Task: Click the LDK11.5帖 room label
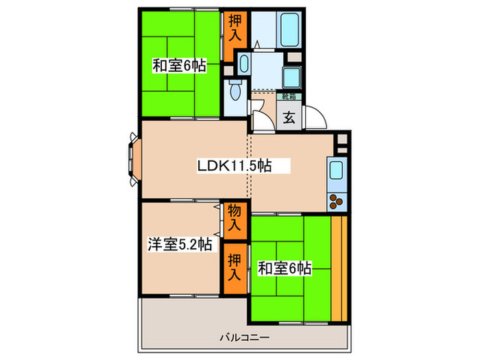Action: click(x=233, y=165)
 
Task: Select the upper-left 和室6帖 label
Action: click(x=180, y=67)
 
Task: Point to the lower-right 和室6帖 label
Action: click(x=285, y=268)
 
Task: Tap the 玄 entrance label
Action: click(x=289, y=117)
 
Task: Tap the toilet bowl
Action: click(x=235, y=91)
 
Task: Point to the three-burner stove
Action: click(x=338, y=202)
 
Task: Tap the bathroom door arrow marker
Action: click(x=256, y=44)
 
